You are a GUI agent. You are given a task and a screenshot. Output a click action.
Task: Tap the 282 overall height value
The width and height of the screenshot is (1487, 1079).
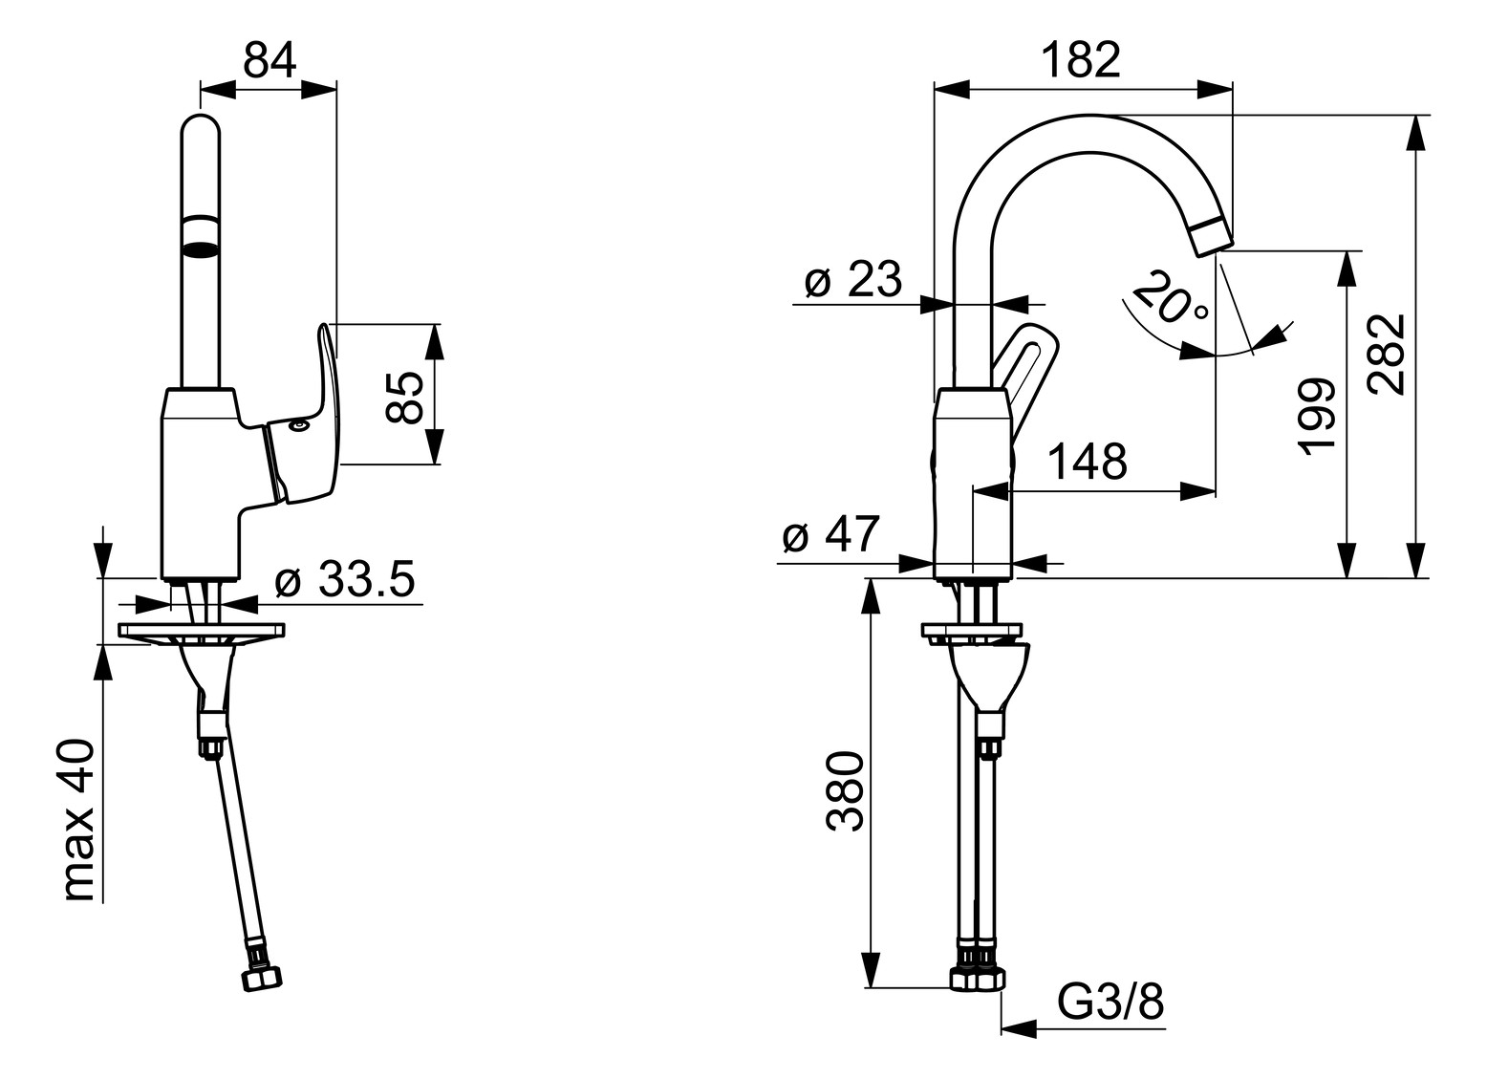1386,353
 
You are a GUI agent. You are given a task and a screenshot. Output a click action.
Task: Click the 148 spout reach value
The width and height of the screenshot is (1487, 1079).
1088,462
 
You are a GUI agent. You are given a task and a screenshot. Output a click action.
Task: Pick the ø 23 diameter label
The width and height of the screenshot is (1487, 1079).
852,281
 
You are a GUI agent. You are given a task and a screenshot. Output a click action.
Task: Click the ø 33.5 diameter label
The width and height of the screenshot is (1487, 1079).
344,580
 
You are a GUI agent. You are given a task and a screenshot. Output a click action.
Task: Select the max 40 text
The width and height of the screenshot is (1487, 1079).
78,821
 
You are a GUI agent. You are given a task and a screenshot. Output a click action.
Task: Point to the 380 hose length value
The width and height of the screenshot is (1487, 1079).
845,792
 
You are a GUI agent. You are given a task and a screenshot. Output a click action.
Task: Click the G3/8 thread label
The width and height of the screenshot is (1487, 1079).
1110,1003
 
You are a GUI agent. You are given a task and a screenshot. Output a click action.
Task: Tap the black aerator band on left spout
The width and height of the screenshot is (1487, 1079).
200,250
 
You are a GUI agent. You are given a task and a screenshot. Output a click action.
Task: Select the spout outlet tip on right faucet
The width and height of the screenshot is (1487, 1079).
1210,236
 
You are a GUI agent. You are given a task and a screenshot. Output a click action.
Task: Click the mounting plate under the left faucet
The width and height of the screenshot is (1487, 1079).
202,631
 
